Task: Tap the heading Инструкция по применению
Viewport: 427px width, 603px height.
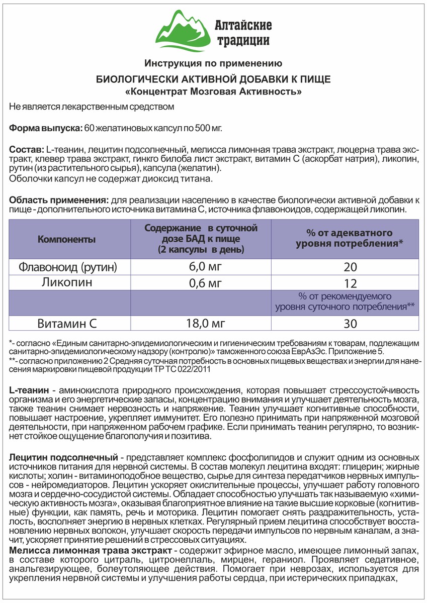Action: [213, 63]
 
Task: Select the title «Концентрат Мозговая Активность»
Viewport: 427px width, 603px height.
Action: [213, 92]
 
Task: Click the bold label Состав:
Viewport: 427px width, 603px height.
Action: [27, 150]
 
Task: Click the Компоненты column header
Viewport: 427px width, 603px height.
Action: [66, 239]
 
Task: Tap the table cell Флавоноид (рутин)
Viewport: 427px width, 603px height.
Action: [67, 266]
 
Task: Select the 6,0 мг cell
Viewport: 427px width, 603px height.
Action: [201, 266]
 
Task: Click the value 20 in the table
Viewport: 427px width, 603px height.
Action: [351, 266]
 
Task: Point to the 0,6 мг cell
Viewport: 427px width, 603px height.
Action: [201, 283]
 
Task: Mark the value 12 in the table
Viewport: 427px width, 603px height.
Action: [351, 283]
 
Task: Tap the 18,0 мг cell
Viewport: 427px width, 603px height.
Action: [201, 323]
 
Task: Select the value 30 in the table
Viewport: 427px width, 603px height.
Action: [351, 323]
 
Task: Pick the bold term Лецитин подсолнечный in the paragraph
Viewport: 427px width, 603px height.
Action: [63, 458]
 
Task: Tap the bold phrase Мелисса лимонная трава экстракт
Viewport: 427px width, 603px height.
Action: [89, 551]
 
